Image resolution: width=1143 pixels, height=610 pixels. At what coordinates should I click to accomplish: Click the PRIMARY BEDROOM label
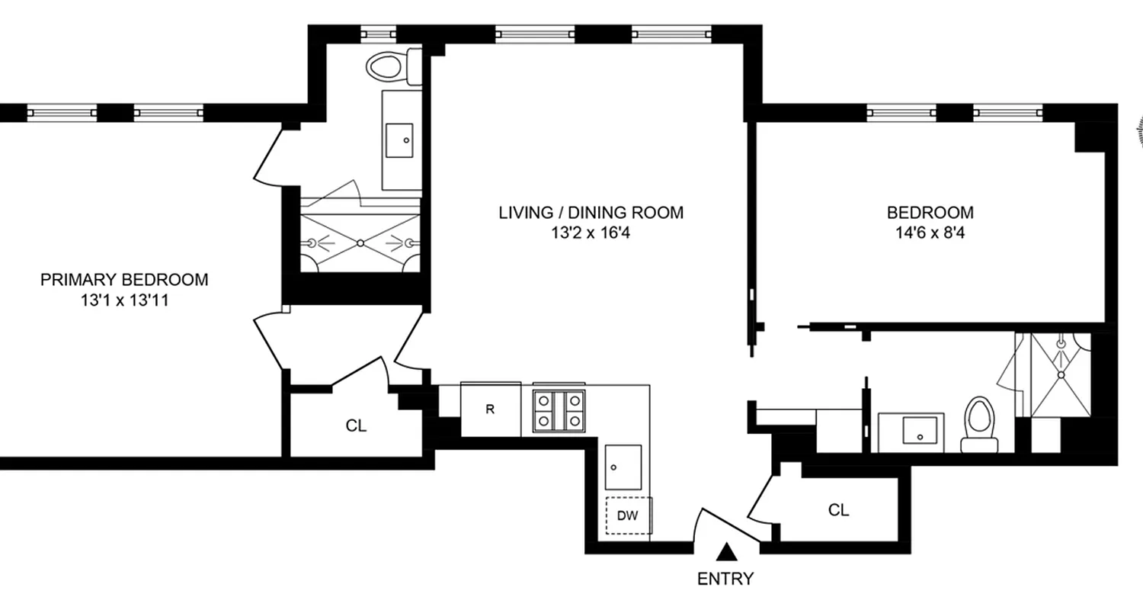click(123, 280)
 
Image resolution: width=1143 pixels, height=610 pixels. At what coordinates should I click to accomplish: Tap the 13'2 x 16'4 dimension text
click(591, 233)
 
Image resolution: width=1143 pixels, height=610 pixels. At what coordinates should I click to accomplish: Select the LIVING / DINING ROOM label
click(591, 213)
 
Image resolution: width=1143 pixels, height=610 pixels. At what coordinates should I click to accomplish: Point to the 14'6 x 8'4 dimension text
click(929, 233)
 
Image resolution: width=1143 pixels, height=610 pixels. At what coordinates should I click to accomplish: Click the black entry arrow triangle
click(728, 551)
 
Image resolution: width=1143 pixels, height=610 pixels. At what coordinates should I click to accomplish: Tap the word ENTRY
click(725, 579)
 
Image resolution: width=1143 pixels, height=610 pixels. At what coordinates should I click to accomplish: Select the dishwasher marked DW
click(627, 516)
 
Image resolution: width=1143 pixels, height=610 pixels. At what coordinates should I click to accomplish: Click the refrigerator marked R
click(490, 410)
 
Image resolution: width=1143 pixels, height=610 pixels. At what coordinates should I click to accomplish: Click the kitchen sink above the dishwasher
click(623, 467)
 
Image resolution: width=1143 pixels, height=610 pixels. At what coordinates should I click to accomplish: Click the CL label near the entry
click(838, 510)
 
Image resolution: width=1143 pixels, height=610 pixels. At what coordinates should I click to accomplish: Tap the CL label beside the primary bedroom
click(356, 426)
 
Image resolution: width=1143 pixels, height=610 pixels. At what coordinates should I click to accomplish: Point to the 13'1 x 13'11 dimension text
click(123, 300)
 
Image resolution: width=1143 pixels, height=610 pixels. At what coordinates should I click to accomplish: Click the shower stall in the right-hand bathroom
click(1060, 374)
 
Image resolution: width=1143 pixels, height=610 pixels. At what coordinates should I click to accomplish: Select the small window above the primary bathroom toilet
click(378, 34)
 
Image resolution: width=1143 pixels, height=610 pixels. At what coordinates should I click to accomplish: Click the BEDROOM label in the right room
click(929, 213)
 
